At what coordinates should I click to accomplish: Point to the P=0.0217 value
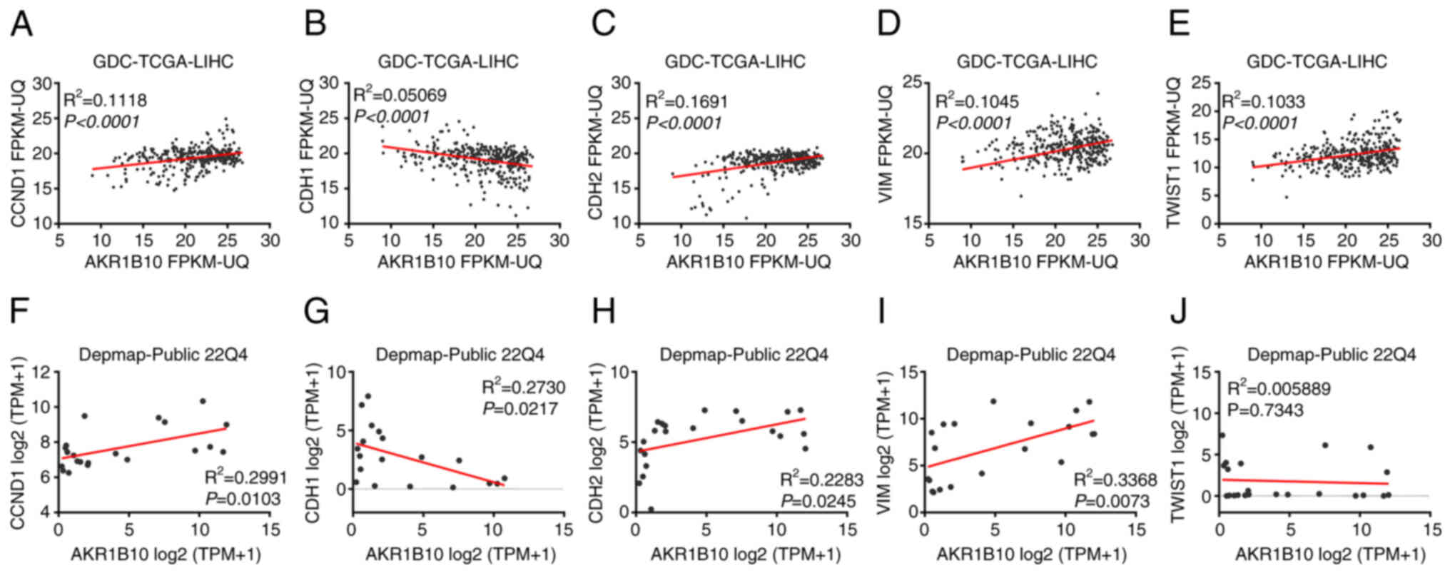tap(524, 408)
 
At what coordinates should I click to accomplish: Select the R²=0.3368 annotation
tap(1112, 478)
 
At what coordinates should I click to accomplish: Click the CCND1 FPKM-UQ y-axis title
tap(19, 153)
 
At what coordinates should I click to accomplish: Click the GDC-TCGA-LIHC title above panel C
tap(735, 61)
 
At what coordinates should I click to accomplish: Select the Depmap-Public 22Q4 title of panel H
tap(744, 354)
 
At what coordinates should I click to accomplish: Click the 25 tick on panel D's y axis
tap(913, 83)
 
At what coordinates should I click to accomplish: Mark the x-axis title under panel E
tap(1326, 262)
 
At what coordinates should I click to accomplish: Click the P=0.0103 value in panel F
tap(243, 498)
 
